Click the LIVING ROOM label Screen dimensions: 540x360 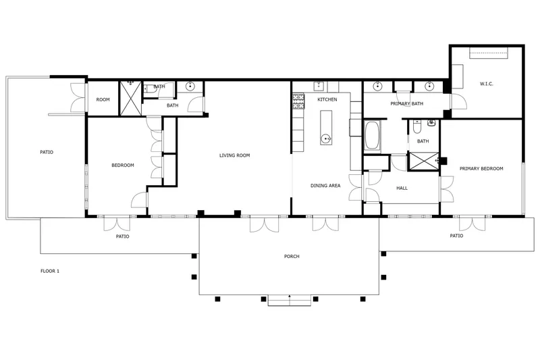pos(234,155)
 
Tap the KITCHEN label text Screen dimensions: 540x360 pos(327,99)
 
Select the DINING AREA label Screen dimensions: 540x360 pos(325,186)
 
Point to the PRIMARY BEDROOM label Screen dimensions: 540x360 pos(481,168)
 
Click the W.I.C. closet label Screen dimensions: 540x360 pos(486,84)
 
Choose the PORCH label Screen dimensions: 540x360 pos(292,256)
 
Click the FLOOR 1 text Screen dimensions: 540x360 pos(50,271)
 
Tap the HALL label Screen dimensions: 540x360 pos(402,188)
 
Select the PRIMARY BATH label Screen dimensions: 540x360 pos(407,104)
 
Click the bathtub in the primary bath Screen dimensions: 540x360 pos(373,136)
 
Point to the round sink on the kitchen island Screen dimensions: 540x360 pos(326,139)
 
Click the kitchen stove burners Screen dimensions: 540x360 pos(298,101)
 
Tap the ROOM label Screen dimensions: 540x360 pos(103,99)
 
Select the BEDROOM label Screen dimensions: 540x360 pos(123,165)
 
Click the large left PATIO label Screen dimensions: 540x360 pos(47,152)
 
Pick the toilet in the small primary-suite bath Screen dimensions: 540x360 pos(416,127)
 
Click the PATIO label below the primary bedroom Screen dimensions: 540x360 pos(456,236)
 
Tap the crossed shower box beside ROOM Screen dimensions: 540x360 pos(130,98)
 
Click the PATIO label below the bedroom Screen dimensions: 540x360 pos(122,236)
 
